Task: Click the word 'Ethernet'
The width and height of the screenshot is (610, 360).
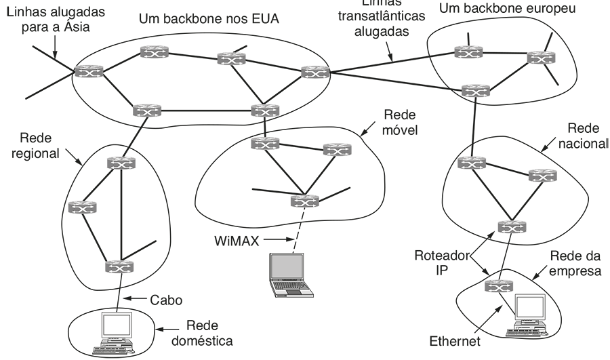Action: [454, 341]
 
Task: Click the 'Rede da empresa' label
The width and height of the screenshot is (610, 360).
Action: [575, 264]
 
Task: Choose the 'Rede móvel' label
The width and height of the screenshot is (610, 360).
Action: [399, 122]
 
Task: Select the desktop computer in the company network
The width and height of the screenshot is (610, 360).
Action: [531, 315]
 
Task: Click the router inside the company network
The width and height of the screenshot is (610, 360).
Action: [497, 287]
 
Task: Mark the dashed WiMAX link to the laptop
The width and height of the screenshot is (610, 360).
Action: [300, 231]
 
